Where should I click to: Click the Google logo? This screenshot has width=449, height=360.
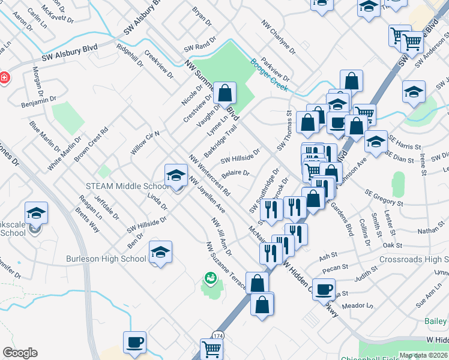20,353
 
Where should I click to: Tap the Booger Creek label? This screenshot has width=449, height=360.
270,74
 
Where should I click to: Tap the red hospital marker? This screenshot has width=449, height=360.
4,79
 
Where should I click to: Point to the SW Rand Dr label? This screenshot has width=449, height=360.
199,47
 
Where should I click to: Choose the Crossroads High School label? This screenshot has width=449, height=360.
414,259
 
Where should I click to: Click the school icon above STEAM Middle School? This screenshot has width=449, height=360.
175,175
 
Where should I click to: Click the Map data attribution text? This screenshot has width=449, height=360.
424,355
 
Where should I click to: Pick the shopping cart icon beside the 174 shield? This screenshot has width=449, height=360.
211,347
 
